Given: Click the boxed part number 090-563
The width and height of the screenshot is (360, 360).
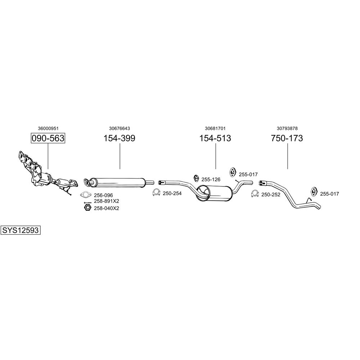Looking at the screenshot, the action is (x=48, y=138).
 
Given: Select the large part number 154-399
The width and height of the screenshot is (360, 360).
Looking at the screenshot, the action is (x=119, y=138).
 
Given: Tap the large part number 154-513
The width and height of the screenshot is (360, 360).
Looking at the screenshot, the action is (x=215, y=138).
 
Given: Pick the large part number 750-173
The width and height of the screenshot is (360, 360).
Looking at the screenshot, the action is (x=287, y=138).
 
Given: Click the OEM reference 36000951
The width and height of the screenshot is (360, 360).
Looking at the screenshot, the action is (x=48, y=129).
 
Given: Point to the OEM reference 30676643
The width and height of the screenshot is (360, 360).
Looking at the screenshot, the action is (x=120, y=129).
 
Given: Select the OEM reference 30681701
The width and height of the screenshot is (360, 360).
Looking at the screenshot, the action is (x=215, y=129).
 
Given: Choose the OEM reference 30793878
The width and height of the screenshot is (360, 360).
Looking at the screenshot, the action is (x=287, y=129).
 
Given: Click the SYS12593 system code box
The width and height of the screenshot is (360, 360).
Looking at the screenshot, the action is (x=21, y=230).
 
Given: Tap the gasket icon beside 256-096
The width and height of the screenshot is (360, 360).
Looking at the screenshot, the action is (x=85, y=195).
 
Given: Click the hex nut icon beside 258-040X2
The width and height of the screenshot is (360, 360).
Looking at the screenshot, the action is (x=87, y=208).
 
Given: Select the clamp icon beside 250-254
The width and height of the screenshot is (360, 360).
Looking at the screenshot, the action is (x=156, y=193).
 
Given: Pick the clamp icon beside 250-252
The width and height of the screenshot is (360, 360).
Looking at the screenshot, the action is (x=255, y=194).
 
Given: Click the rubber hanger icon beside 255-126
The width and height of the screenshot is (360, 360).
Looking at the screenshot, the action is (x=197, y=178).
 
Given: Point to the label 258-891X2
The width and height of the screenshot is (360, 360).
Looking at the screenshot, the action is (x=107, y=201).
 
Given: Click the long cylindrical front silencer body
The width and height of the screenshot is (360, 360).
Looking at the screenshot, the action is (x=117, y=182).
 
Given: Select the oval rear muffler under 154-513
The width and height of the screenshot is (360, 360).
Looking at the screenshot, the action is (x=214, y=193).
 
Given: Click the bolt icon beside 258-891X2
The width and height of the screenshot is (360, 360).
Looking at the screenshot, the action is (x=88, y=202).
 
